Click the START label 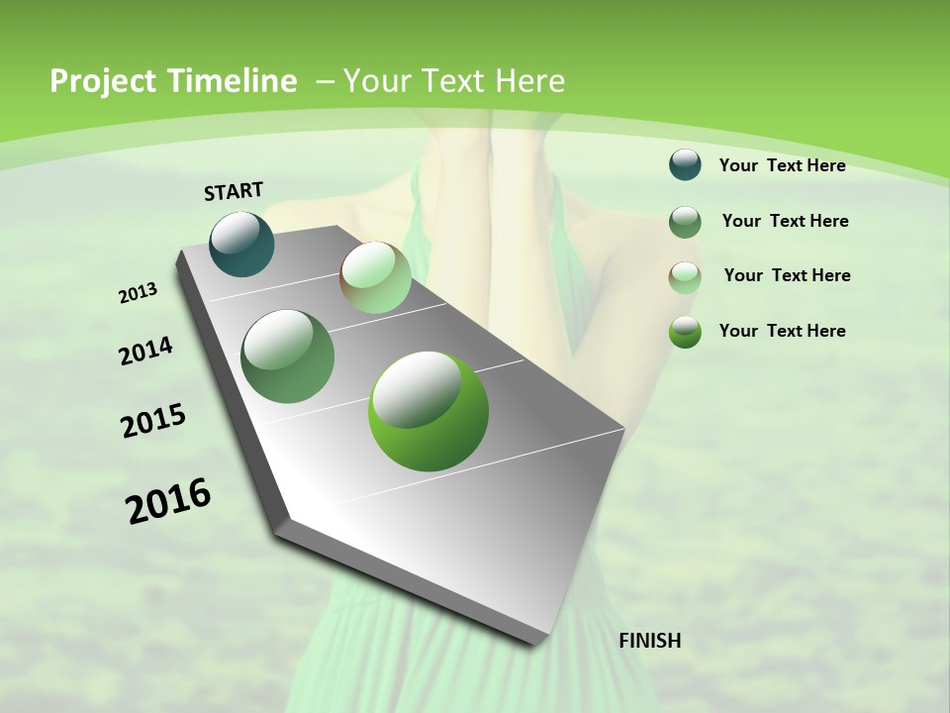(x=234, y=191)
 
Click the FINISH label (x=649, y=641)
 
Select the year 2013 (x=138, y=293)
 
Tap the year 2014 (x=145, y=352)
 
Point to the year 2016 (x=168, y=501)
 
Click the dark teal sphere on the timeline (x=242, y=244)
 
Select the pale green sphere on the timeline (x=375, y=277)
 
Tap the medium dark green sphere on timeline (x=288, y=356)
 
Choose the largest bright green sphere (x=428, y=411)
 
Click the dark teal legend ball (x=685, y=164)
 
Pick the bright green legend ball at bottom (x=685, y=332)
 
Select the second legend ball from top (x=685, y=221)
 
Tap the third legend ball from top (x=685, y=276)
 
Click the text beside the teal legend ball (x=782, y=165)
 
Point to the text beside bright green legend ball (x=782, y=331)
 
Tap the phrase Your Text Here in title (x=454, y=81)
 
